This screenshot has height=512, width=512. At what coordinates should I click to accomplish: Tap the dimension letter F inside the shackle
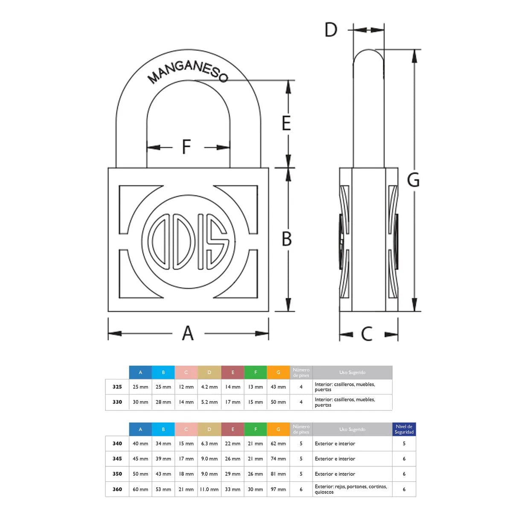click(x=186, y=146)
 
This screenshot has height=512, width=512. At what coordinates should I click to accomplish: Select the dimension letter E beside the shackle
click(x=286, y=123)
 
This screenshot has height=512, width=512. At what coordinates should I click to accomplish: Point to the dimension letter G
click(x=413, y=180)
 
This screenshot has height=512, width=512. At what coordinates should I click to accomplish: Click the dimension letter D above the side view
click(x=331, y=29)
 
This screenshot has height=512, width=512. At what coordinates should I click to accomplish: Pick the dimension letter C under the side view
click(x=367, y=334)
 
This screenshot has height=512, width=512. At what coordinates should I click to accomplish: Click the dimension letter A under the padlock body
click(x=188, y=333)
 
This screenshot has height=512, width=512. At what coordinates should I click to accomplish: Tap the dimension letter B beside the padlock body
click(x=286, y=239)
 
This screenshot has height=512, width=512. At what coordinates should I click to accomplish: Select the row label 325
click(x=117, y=387)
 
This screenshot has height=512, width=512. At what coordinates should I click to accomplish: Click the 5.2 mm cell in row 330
click(x=209, y=402)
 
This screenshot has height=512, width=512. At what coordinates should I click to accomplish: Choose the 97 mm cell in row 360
click(x=278, y=489)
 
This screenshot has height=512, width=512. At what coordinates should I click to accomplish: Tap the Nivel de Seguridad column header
click(x=404, y=429)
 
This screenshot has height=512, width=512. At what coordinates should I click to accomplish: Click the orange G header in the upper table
click(x=278, y=372)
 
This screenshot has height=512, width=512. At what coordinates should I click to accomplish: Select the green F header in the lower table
click(x=255, y=429)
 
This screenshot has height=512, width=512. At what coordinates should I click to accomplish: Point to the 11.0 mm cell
click(x=209, y=489)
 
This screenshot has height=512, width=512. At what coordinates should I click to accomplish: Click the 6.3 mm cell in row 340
click(x=209, y=443)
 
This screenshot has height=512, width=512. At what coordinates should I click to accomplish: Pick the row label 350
click(x=117, y=474)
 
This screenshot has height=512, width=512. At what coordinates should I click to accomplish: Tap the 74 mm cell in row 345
click(x=278, y=459)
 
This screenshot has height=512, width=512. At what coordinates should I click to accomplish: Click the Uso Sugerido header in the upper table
click(x=352, y=372)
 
